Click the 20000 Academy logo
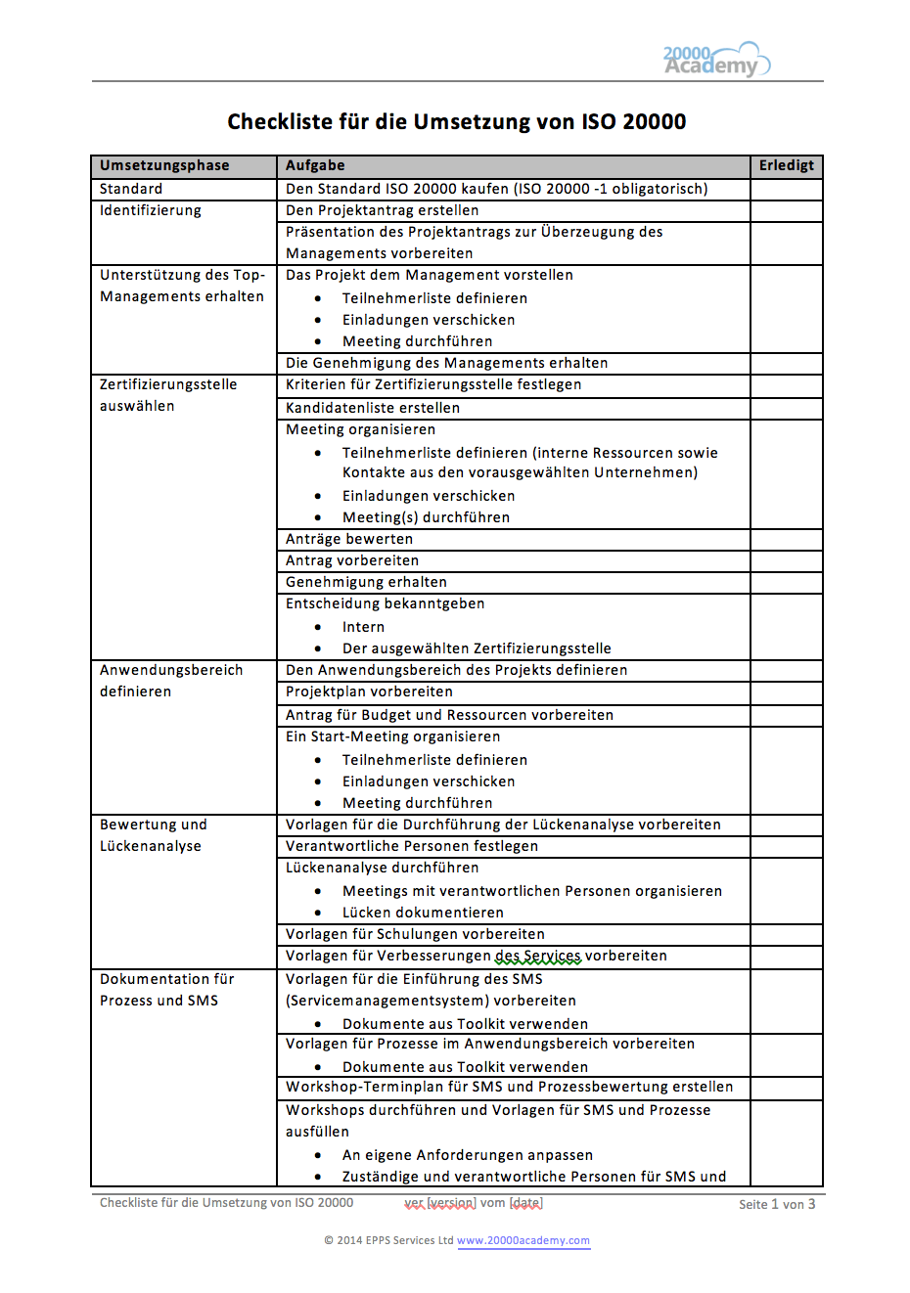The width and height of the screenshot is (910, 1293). (716, 60)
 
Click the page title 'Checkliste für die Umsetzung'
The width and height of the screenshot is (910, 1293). (456, 122)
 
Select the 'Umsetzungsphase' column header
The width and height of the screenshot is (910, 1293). (164, 165)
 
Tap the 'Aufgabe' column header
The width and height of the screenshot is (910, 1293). (315, 165)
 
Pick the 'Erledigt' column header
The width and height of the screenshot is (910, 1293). (786, 165)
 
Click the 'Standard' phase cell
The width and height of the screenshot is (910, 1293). (131, 189)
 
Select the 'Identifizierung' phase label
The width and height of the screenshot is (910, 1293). (151, 210)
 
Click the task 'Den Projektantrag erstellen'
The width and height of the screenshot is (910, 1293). (383, 210)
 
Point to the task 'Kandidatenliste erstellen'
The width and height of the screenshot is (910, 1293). (373, 408)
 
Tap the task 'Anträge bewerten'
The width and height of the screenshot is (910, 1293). (349, 539)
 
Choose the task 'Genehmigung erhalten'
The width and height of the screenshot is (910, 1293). (366, 582)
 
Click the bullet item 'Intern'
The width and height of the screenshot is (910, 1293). (363, 627)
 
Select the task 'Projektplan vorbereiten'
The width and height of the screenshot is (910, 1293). (369, 691)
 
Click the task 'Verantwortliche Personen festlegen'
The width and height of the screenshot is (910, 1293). (412, 846)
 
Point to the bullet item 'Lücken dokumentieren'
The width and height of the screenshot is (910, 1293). (423, 913)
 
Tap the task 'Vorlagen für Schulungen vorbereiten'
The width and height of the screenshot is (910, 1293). (415, 934)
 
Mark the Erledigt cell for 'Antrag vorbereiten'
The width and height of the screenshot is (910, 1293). (786, 560)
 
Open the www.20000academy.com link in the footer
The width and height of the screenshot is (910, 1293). (523, 1240)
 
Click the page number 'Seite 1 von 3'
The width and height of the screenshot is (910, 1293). (777, 1204)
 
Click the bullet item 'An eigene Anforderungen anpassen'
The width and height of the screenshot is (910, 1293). (468, 1155)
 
